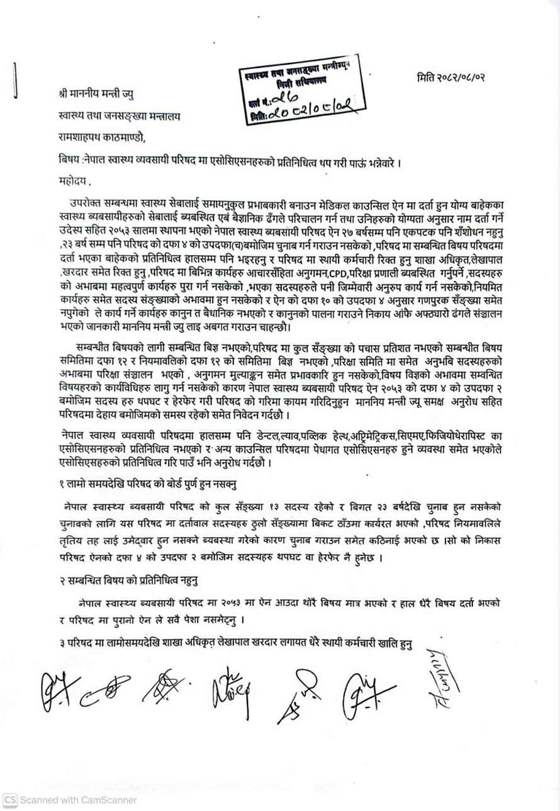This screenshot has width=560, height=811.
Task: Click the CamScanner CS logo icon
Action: [10, 800]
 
